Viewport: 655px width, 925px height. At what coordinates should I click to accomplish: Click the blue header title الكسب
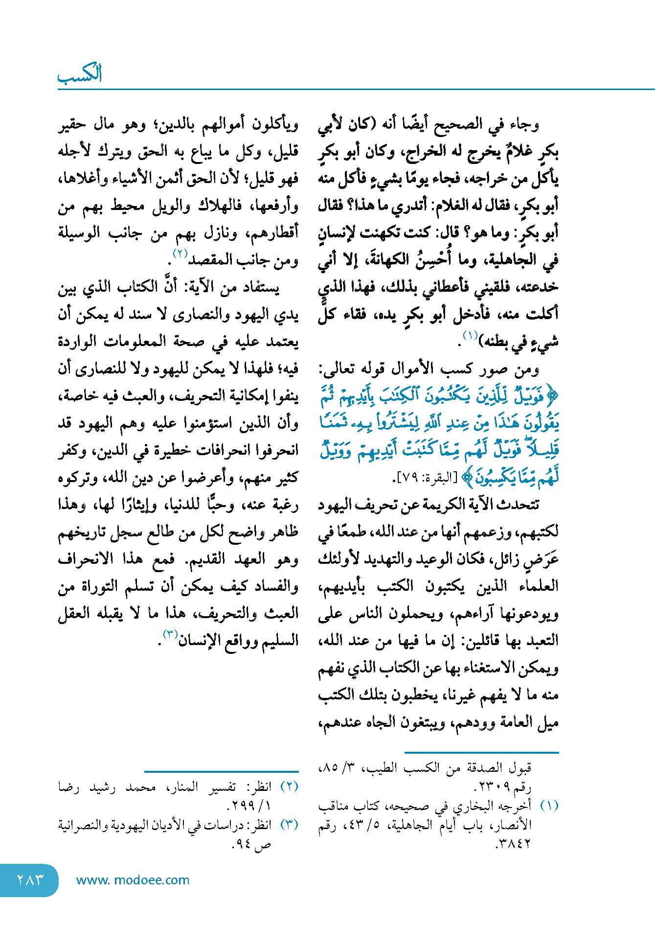click(80, 74)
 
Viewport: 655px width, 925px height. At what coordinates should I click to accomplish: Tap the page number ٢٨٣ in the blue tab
click(30, 879)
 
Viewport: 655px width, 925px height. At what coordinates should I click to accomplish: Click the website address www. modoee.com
click(133, 880)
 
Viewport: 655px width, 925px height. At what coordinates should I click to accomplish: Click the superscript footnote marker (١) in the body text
click(470, 336)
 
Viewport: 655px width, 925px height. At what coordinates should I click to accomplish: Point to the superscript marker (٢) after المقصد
click(181, 254)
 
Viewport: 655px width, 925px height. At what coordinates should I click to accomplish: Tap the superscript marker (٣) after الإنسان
click(170, 635)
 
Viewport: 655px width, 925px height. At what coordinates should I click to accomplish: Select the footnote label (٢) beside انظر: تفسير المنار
click(289, 786)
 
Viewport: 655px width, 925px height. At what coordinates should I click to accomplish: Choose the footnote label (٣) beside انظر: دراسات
click(289, 825)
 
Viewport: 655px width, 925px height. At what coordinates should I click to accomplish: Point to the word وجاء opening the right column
click(524, 125)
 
